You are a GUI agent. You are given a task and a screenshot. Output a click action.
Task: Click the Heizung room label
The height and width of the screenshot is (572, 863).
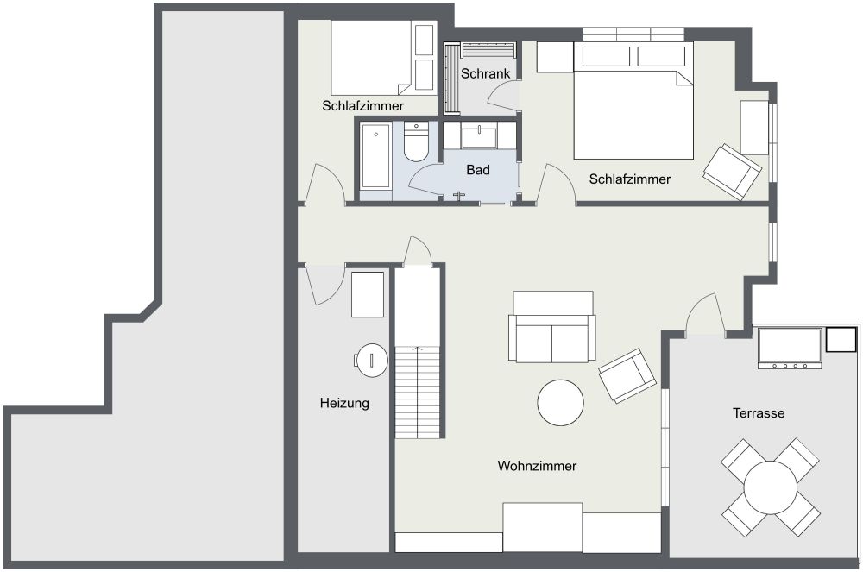[344, 403]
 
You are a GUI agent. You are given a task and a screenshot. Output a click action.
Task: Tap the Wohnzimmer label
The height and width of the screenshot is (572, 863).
[537, 466]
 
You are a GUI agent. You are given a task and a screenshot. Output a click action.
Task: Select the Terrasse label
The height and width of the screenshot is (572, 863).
[759, 413]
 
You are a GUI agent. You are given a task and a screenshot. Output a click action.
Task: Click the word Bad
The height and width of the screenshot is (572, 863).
[478, 170]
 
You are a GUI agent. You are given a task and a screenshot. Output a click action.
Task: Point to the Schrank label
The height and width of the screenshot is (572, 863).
[485, 73]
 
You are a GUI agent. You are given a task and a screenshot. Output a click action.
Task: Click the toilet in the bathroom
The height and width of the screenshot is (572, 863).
[416, 141]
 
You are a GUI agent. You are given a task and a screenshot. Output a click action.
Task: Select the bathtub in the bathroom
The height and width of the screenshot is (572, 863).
[376, 155]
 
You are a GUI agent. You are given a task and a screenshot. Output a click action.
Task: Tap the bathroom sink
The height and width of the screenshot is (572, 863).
[479, 135]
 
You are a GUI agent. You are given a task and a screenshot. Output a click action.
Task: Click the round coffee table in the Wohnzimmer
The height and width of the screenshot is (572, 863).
[560, 403]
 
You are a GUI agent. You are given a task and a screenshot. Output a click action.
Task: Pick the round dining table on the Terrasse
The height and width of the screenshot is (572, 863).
[770, 487]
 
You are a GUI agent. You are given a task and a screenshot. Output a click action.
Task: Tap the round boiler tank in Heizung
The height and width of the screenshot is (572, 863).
[371, 361]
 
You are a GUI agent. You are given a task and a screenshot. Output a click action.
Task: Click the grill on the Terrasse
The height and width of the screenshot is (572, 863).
[790, 349]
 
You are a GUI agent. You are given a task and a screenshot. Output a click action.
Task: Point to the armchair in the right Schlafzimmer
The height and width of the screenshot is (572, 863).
[732, 172]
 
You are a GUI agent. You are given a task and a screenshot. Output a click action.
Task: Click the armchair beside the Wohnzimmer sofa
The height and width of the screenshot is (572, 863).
[627, 375]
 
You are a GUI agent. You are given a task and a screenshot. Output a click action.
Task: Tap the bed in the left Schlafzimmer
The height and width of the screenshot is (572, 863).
[371, 58]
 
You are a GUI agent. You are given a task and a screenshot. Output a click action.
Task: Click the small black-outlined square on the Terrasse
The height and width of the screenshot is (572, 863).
[841, 339]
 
